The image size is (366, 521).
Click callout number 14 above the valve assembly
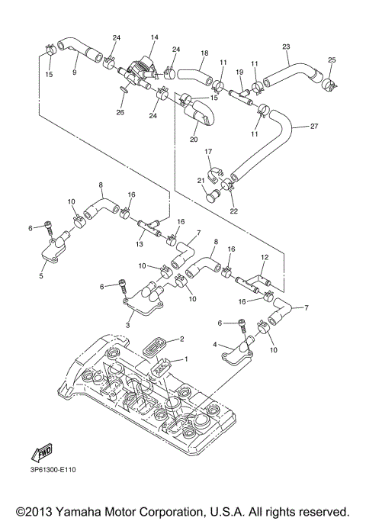(154, 37)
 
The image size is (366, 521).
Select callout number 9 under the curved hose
(75, 72)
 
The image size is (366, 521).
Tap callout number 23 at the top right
(286, 47)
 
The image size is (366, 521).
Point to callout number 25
(332, 59)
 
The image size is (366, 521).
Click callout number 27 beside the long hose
(314, 127)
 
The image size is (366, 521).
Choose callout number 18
(204, 53)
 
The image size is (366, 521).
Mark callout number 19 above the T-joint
(239, 72)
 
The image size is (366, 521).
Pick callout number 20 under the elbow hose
(193, 140)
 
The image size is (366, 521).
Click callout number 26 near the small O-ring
(120, 113)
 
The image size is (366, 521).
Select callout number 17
(208, 152)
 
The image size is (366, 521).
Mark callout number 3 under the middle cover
(129, 326)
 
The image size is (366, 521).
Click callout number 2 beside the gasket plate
(182, 338)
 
